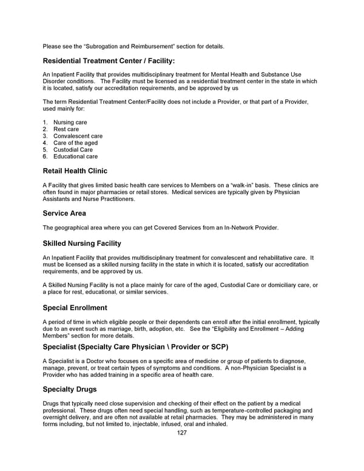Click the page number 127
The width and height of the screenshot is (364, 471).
(181, 433)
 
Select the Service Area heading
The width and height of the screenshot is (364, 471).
(64, 213)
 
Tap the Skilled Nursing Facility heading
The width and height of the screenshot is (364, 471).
(82, 243)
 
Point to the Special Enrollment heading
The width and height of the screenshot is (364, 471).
(75, 308)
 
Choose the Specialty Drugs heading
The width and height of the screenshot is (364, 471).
(69, 389)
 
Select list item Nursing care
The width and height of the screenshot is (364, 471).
(70, 123)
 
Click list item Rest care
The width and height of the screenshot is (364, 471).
(66, 129)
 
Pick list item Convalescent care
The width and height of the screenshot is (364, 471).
(78, 136)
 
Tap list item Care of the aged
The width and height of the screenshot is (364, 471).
(75, 143)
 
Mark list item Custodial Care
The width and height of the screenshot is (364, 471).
(73, 150)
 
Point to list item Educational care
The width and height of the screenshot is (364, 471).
(75, 157)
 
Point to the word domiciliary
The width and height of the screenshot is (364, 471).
(274, 285)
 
